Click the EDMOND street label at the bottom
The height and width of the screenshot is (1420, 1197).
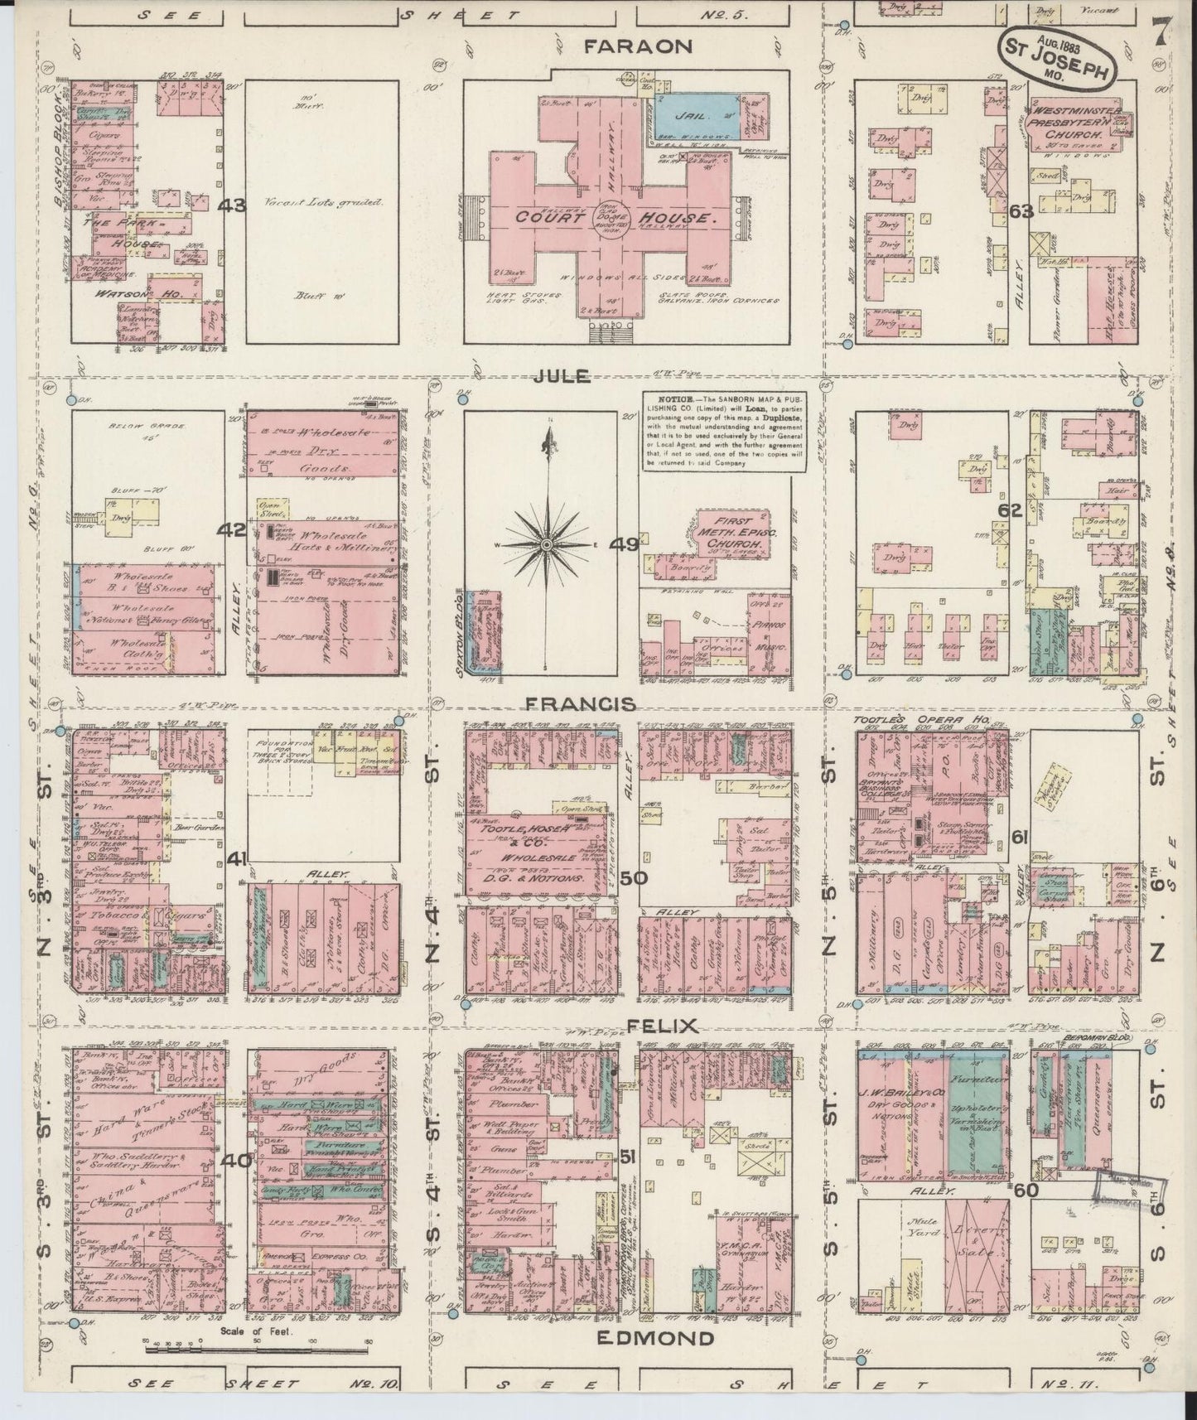pos(654,1338)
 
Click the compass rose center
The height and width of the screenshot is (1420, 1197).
pos(547,544)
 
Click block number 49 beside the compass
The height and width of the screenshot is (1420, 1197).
pos(624,544)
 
